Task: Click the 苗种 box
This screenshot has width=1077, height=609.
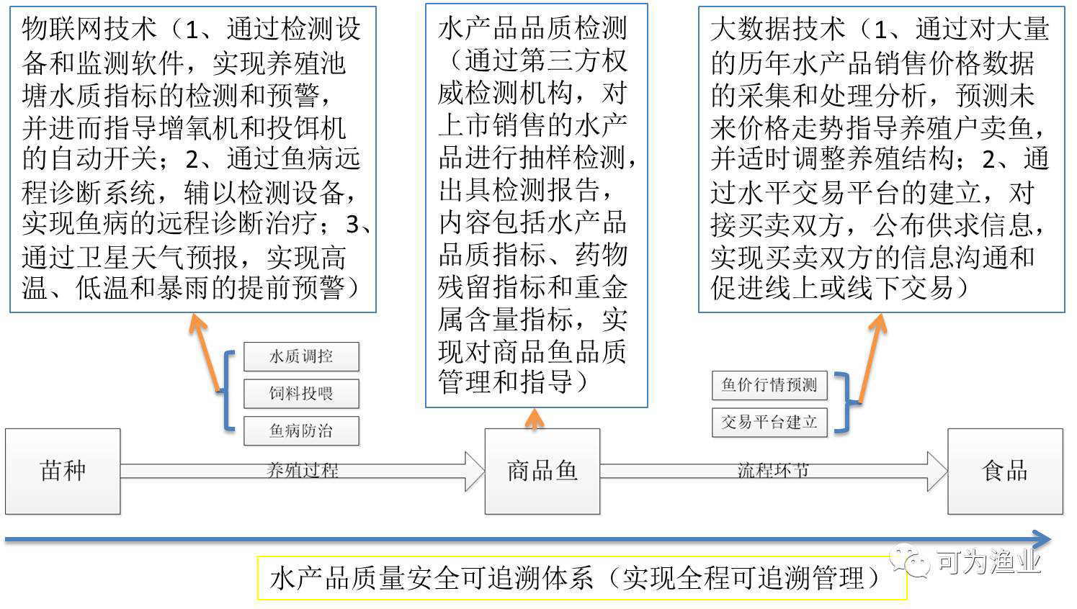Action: point(63,472)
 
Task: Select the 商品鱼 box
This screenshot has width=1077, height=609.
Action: point(542,472)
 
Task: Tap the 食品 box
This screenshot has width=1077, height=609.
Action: point(1006,472)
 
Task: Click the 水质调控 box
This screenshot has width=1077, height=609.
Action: point(301,356)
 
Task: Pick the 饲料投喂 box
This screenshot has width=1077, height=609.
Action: point(301,393)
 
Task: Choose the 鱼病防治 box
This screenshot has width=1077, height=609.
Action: point(301,430)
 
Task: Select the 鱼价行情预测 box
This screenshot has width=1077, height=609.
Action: point(769,384)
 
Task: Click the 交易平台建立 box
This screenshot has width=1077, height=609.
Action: point(769,422)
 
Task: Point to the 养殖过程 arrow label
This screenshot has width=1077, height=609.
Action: point(303,471)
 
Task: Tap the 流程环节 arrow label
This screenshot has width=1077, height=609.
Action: point(773,471)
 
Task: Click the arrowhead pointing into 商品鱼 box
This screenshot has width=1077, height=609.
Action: point(475,472)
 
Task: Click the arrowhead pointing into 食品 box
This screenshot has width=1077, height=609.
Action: point(937,472)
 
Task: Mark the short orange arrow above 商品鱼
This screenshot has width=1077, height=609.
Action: point(535,419)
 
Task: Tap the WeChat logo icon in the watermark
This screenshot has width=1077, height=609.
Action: point(909,560)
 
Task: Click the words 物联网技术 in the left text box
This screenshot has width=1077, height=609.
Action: point(89,28)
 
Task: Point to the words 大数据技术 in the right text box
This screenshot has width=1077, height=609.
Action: point(778,28)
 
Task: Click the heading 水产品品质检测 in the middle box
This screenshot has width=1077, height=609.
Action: point(532,28)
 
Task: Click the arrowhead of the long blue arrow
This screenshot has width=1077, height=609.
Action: point(1041,540)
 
